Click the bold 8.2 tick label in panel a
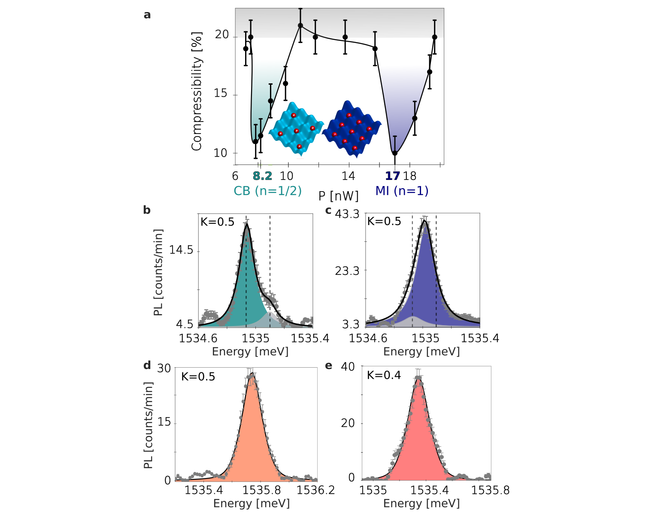(x=262, y=176)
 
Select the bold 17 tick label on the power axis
(x=392, y=176)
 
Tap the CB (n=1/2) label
(x=267, y=191)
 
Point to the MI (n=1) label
(x=402, y=191)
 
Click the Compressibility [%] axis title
(x=197, y=91)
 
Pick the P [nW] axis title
(x=338, y=196)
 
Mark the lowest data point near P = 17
(x=395, y=153)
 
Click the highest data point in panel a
(x=300, y=25)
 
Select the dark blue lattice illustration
(x=352, y=128)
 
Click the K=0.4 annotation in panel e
(x=384, y=375)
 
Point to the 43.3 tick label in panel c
(x=347, y=214)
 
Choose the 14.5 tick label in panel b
(x=181, y=250)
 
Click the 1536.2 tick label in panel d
(x=316, y=490)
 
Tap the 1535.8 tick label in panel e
(x=490, y=490)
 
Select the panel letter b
(x=147, y=210)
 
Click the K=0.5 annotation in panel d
(x=198, y=377)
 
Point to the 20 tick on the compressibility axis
(x=222, y=35)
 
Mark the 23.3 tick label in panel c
(x=347, y=271)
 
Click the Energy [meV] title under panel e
(x=422, y=503)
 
